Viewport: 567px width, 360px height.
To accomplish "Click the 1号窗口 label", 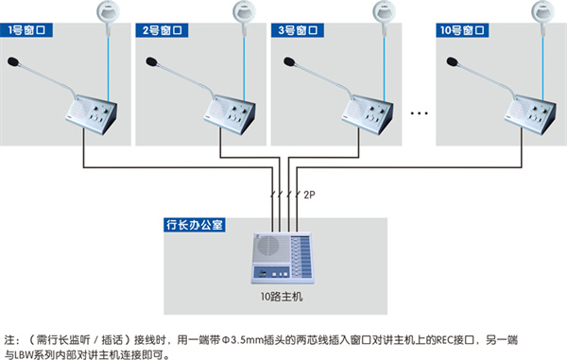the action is pyautogui.click(x=26, y=30).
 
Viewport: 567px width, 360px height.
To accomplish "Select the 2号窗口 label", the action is pyautogui.click(x=162, y=30).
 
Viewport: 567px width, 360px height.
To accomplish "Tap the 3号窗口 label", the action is pyautogui.click(x=298, y=30).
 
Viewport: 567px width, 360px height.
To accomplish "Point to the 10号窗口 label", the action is pyautogui.click(x=462, y=30).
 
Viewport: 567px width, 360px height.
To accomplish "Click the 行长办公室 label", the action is pyautogui.click(x=195, y=225).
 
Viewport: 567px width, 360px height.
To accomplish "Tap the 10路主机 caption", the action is pyautogui.click(x=282, y=297).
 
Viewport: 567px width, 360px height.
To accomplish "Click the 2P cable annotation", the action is pyautogui.click(x=309, y=195).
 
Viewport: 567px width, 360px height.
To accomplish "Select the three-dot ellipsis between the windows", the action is pyautogui.click(x=419, y=113).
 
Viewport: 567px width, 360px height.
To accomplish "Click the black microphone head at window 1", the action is pyautogui.click(x=13, y=61).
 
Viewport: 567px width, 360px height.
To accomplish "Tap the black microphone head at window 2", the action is pyautogui.click(x=151, y=61).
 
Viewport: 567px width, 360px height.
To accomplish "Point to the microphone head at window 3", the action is pyautogui.click(x=289, y=61).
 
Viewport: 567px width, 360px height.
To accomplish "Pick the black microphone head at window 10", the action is pyautogui.click(x=452, y=61).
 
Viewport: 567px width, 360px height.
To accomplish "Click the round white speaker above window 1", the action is pyautogui.click(x=108, y=12).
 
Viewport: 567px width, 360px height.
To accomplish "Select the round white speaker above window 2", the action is pyautogui.click(x=244, y=12).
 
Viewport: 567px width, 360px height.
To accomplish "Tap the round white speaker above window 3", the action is pyautogui.click(x=384, y=12).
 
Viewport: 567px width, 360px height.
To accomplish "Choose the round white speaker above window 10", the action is pyautogui.click(x=542, y=12).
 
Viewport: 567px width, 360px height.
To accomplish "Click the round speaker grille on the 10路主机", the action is pyautogui.click(x=268, y=246).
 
